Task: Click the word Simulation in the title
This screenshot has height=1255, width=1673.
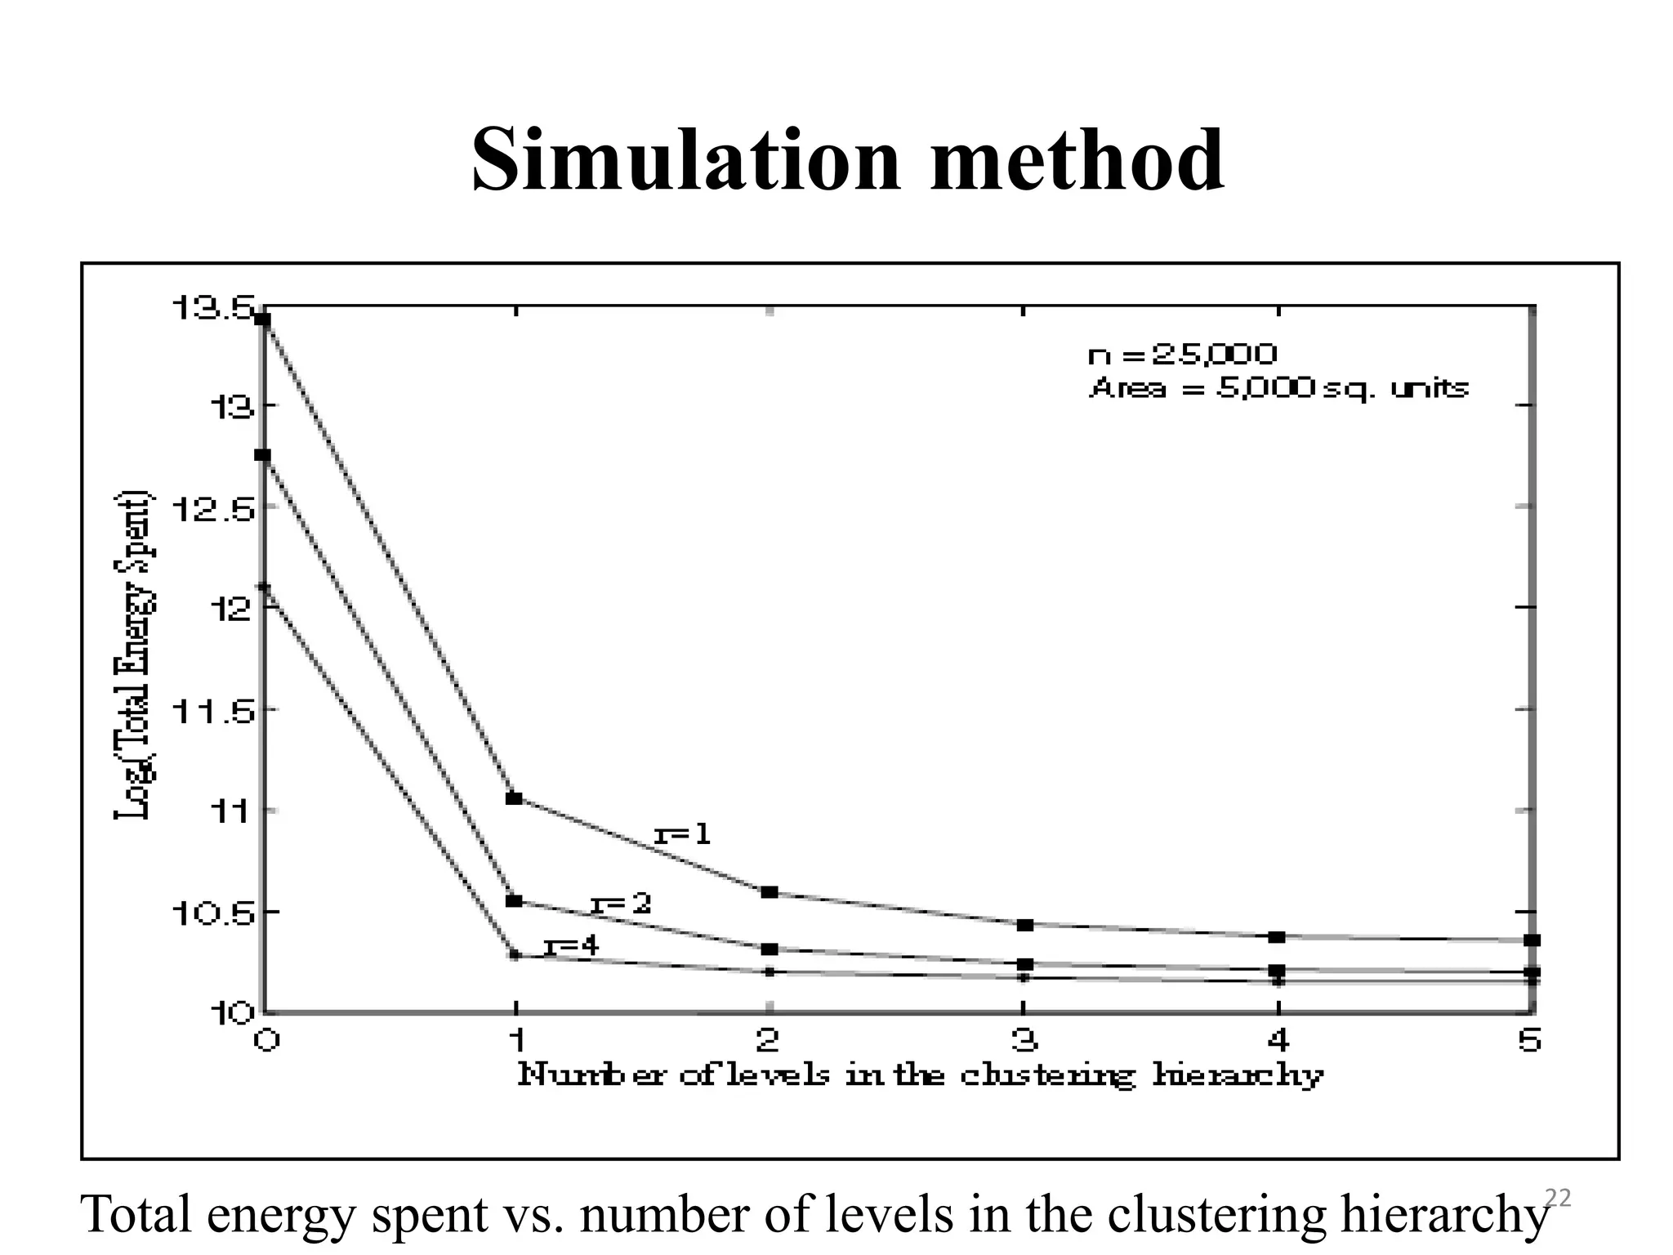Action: point(685,160)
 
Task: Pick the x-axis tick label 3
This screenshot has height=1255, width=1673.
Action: point(1024,1040)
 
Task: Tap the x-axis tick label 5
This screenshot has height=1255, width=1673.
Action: point(1529,1040)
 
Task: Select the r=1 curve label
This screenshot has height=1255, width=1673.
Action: point(683,834)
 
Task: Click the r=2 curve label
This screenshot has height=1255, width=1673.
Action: point(621,904)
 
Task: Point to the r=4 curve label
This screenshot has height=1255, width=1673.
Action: point(572,946)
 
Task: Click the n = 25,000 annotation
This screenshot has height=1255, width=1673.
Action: point(1182,354)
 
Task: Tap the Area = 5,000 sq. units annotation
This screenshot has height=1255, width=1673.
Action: point(1278,387)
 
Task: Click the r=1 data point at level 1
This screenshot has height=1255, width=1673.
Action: point(514,798)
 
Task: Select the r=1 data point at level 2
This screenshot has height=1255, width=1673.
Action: point(769,891)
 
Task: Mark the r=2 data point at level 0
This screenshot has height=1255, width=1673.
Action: point(263,455)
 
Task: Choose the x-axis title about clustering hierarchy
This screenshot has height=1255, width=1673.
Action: point(920,1074)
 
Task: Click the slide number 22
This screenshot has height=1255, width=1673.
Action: point(1558,1199)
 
